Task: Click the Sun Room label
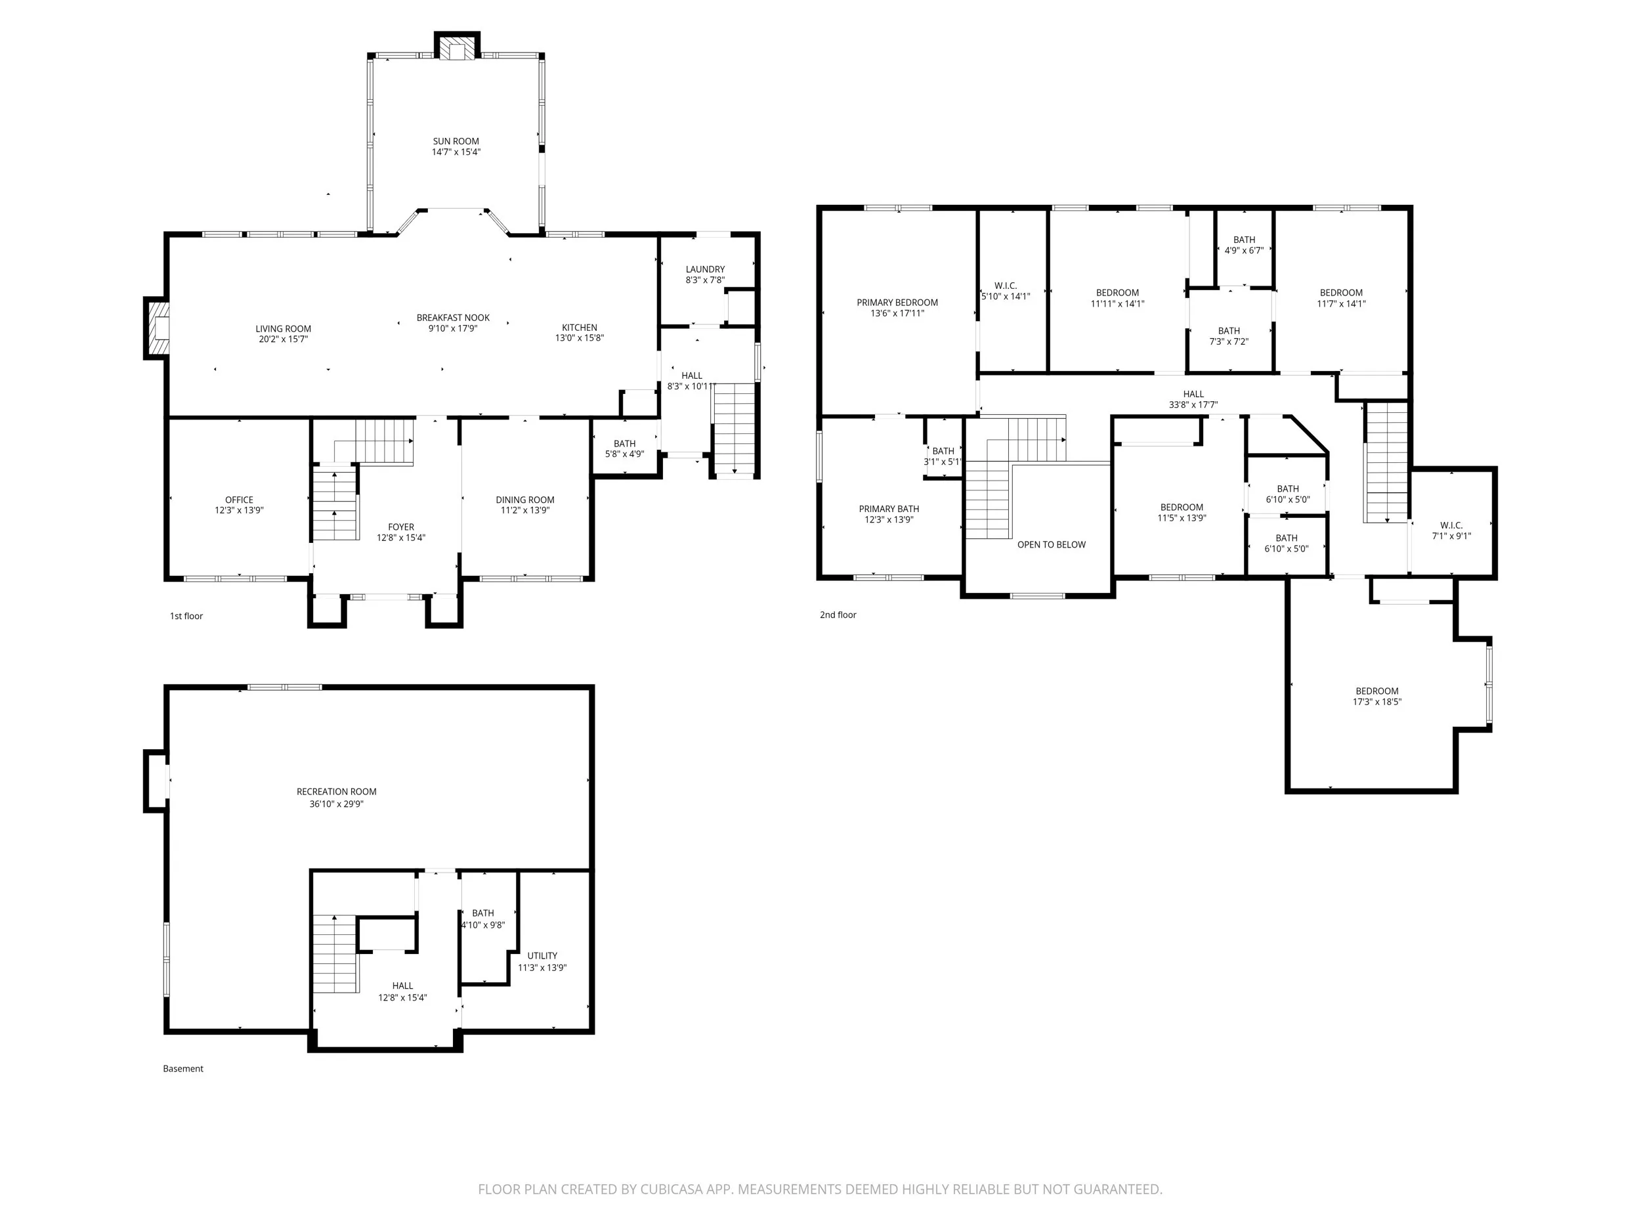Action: pos(456,141)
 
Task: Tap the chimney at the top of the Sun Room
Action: pos(457,45)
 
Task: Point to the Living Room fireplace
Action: pos(156,329)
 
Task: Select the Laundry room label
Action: pos(705,269)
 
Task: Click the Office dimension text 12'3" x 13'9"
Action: pos(239,511)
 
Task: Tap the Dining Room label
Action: pos(525,500)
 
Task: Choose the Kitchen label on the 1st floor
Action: pos(580,327)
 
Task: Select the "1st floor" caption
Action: pos(186,616)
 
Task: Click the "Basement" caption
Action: pos(183,1068)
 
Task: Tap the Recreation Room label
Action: pos(337,792)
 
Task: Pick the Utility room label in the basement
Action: pos(542,956)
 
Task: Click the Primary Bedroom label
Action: pos(898,303)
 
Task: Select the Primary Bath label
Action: pos(889,509)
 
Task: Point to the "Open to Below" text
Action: pos(1051,545)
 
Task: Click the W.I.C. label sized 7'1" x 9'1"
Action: pos(1451,525)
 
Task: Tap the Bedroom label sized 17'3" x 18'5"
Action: pos(1377,691)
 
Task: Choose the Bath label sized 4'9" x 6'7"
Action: pos(1244,240)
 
